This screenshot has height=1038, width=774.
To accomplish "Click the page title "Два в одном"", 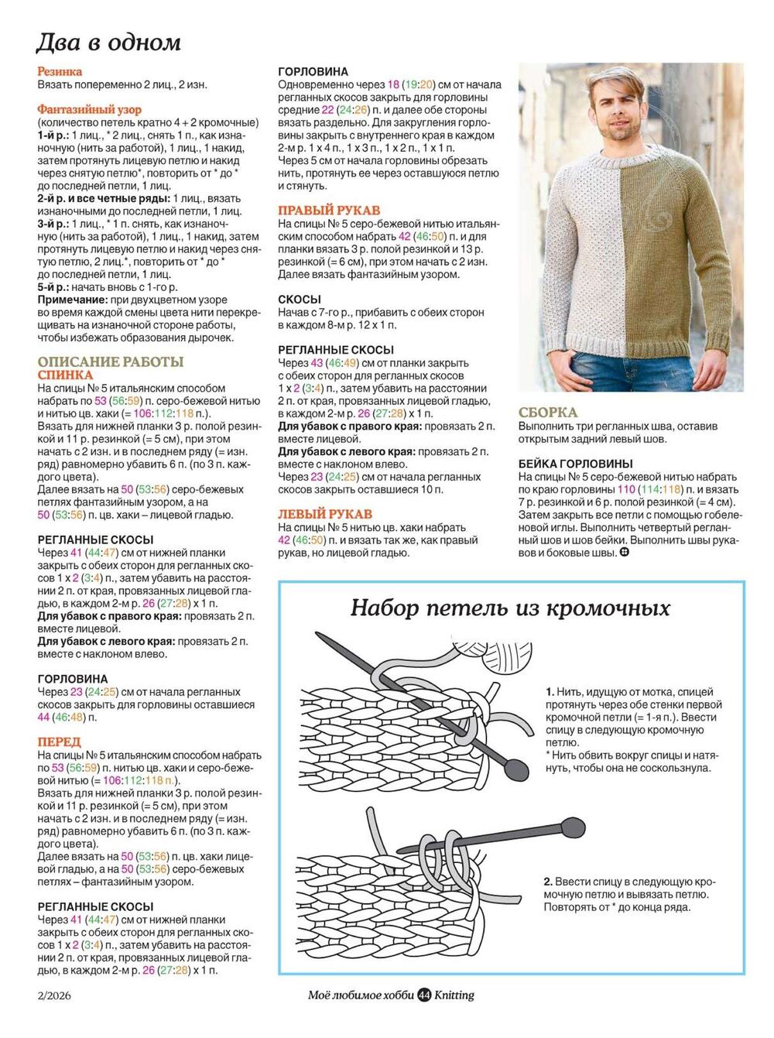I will point(109,42).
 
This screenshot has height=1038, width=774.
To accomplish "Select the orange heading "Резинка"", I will point(60,72).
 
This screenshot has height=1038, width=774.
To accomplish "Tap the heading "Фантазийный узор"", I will point(90,110).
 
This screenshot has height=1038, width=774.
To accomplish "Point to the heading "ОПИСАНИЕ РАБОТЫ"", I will point(111,361).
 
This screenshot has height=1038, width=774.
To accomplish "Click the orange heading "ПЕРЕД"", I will point(59,742).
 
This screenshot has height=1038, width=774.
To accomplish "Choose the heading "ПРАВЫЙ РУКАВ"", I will point(329,211).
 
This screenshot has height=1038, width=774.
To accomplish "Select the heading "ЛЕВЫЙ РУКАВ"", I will point(325,514).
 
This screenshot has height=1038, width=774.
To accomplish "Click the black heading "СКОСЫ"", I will point(300,300).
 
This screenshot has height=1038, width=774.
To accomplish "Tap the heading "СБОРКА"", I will point(548,413).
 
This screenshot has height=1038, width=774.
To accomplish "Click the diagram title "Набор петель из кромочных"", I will point(510,608).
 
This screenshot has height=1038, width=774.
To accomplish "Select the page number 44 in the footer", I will point(424,995).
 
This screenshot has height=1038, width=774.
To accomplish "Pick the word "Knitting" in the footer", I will point(454,995).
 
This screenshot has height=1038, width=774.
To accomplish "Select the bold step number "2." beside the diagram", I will point(548,882).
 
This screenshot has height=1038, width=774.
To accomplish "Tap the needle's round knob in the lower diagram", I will point(572,825).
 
